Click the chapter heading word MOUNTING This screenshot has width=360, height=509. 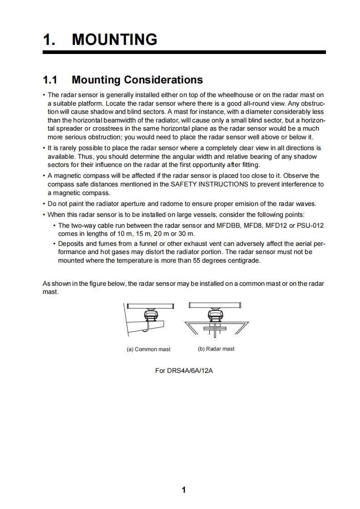coord(114,39)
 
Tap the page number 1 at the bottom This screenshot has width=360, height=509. coord(183,489)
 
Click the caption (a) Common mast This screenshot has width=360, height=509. coord(148,349)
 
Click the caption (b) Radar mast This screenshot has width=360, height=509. coord(216,349)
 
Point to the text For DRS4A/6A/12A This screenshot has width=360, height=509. coord(184,371)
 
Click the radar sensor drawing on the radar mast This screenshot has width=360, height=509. coord(216,314)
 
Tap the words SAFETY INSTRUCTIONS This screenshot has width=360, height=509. coord(209,184)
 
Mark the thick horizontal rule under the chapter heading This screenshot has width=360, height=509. coord(184,53)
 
